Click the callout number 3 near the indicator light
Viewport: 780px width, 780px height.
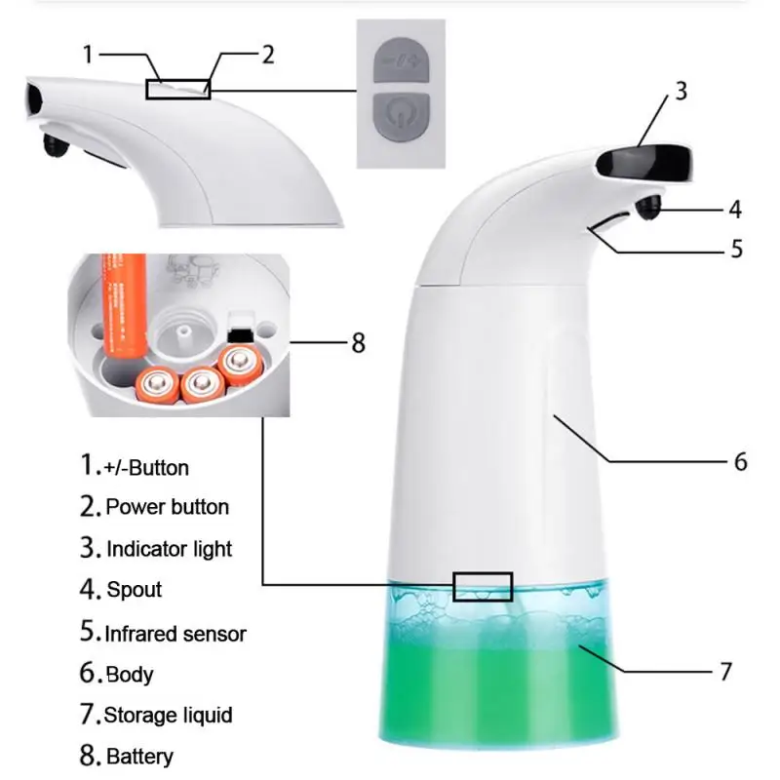click(681, 92)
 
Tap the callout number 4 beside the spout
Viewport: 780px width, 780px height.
click(734, 209)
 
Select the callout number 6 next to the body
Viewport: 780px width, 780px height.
click(740, 460)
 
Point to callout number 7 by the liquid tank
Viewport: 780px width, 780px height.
click(724, 671)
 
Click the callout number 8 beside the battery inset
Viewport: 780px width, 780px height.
click(358, 343)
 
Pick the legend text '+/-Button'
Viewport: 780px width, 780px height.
click(147, 467)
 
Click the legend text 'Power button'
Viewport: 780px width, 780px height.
click(167, 507)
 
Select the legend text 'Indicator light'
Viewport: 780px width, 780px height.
click(169, 549)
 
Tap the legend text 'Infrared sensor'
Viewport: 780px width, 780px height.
click(175, 634)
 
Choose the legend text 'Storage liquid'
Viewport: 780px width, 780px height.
click(168, 716)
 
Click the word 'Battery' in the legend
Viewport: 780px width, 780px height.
click(138, 757)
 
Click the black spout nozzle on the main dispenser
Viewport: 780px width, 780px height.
click(647, 207)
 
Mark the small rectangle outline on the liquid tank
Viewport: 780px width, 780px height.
click(483, 586)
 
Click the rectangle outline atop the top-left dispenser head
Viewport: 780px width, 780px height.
click(177, 89)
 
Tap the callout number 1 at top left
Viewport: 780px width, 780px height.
click(87, 55)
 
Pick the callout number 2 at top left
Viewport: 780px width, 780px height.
click(268, 55)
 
